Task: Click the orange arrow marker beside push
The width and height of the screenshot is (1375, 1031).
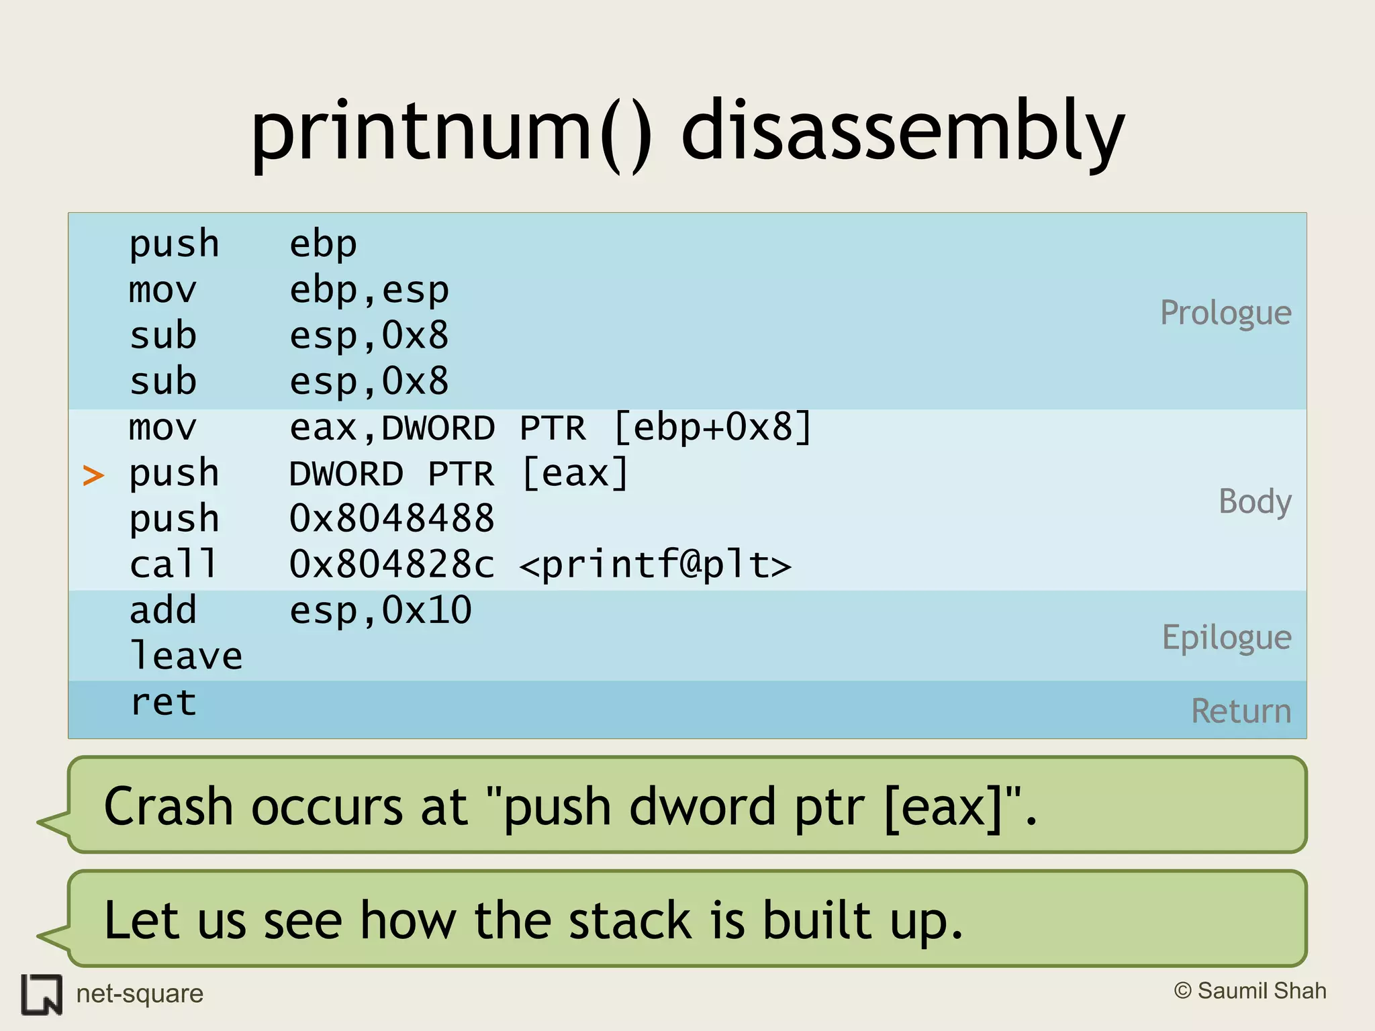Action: point(93,475)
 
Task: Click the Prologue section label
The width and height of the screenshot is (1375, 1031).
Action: point(1225,313)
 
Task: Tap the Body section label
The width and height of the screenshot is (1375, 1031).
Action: point(1254,501)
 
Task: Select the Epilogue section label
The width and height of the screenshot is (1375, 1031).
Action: point(1226,638)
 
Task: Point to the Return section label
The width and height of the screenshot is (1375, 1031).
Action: point(1241,711)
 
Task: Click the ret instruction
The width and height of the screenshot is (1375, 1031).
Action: point(163,702)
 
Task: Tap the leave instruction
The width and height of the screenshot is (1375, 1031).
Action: point(185,656)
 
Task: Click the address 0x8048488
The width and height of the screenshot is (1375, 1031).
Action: point(391,519)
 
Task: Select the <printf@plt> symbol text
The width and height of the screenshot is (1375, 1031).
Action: point(655,565)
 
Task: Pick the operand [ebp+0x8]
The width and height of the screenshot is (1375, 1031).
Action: point(712,428)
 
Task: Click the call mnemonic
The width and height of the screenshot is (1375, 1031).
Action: point(173,564)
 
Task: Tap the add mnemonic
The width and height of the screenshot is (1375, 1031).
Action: point(163,610)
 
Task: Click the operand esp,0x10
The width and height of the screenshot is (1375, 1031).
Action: point(380,611)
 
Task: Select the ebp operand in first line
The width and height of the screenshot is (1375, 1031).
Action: point(323,244)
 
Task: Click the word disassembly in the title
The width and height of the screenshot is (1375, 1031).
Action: point(902,131)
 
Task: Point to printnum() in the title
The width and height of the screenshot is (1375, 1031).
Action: point(451,131)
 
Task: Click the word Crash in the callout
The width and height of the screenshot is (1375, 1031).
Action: point(168,806)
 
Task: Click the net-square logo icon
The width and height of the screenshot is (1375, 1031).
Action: point(42,994)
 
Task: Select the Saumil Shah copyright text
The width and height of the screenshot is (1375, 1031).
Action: point(1249,991)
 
